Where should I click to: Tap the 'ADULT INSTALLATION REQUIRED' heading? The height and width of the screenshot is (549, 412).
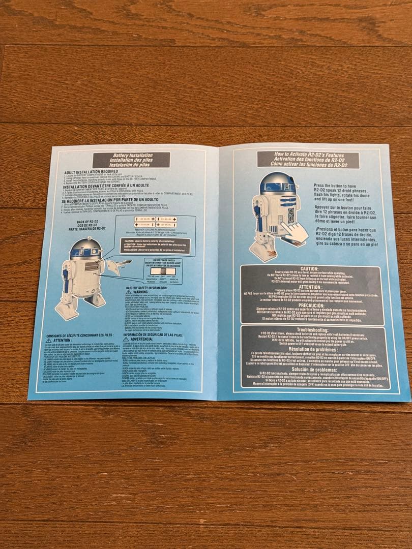point(91,172)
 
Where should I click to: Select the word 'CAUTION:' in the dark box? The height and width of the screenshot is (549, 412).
point(309,268)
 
